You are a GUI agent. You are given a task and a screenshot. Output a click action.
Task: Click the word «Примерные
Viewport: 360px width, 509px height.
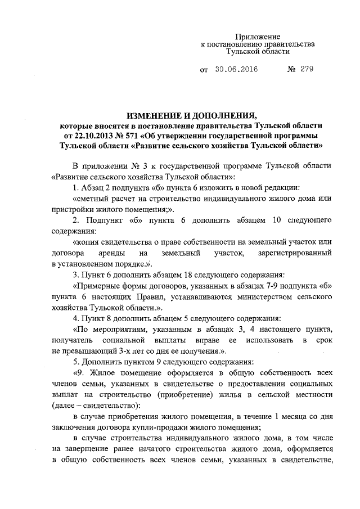[x=96, y=285]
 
